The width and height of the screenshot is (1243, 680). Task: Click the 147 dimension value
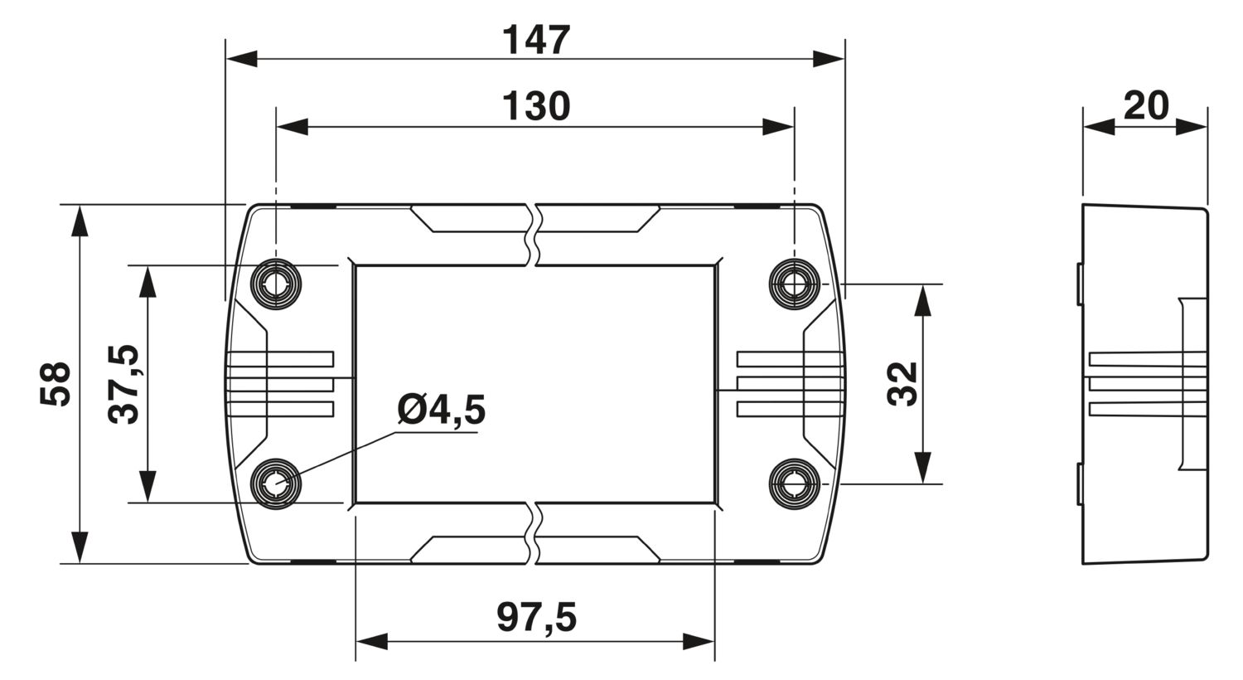pyautogui.click(x=537, y=40)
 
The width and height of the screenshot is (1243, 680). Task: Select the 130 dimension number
pyautogui.click(x=536, y=107)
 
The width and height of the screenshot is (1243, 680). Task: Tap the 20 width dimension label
pyautogui.click(x=1145, y=105)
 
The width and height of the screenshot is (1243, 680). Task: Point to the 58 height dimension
pyautogui.click(x=55, y=384)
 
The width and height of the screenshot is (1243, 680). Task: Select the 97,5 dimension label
pyautogui.click(x=536, y=617)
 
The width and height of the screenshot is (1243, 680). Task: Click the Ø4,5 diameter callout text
pyautogui.click(x=440, y=410)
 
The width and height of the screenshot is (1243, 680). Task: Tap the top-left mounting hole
pyautogui.click(x=276, y=284)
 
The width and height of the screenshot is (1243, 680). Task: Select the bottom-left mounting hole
pyautogui.click(x=276, y=483)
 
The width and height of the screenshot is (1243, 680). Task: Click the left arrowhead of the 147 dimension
pyautogui.click(x=241, y=59)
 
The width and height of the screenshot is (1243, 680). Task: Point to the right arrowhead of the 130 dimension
pyautogui.click(x=778, y=127)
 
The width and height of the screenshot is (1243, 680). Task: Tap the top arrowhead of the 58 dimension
pyautogui.click(x=80, y=221)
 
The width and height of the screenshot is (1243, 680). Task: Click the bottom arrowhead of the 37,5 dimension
pyautogui.click(x=148, y=487)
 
